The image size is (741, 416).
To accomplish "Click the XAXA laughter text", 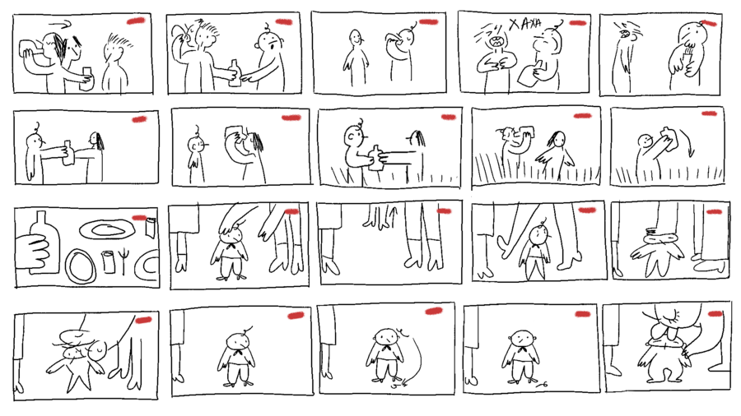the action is click(524, 24).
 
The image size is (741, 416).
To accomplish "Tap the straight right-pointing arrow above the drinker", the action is click(59, 22).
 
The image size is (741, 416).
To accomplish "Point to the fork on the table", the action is click(124, 261).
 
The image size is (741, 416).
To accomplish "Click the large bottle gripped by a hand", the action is click(44, 242).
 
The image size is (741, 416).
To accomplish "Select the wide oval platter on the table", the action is click(107, 230).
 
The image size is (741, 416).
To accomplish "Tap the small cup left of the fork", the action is click(109, 261).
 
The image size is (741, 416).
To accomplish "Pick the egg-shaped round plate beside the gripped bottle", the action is click(80, 266).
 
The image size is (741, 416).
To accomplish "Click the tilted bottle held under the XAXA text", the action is click(531, 73).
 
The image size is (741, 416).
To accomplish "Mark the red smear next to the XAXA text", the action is click(577, 23).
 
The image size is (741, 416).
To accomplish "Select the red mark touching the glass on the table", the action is click(139, 218).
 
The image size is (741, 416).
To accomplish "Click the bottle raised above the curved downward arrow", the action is click(669, 139).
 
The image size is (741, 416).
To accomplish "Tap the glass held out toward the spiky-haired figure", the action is click(87, 78).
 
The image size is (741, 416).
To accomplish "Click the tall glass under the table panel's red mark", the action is click(151, 229).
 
